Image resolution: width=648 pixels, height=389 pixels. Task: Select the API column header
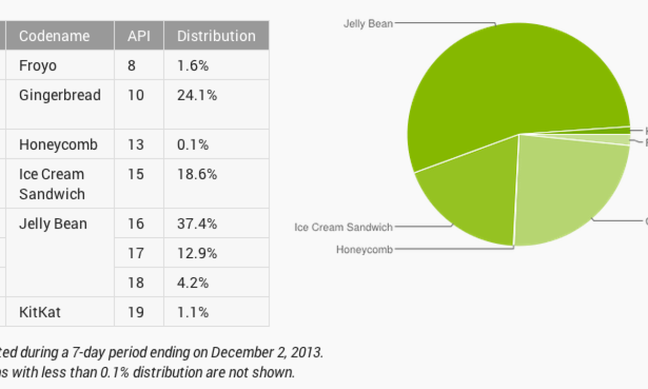click(139, 36)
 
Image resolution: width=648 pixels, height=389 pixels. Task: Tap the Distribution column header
click(216, 36)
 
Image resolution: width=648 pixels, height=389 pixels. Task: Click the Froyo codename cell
click(38, 66)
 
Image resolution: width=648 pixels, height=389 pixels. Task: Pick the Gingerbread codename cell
click(59, 96)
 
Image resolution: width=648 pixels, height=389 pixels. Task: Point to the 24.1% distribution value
click(197, 96)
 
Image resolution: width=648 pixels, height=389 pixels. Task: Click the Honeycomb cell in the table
click(58, 145)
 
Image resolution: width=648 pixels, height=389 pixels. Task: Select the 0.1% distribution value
click(193, 145)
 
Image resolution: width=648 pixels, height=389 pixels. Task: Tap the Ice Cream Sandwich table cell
click(52, 184)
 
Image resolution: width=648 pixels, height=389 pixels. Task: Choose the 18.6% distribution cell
click(197, 174)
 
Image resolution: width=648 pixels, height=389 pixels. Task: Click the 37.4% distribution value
click(197, 224)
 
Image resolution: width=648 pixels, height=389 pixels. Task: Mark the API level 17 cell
click(136, 253)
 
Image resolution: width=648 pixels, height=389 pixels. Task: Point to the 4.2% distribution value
click(193, 283)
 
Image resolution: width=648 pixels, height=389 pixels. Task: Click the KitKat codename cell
click(39, 312)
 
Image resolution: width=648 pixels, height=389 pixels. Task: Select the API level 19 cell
click(136, 312)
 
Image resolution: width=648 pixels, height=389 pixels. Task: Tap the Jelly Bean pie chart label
click(368, 24)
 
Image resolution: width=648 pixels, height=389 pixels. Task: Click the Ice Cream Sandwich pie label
click(343, 227)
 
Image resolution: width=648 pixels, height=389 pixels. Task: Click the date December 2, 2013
click(267, 352)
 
